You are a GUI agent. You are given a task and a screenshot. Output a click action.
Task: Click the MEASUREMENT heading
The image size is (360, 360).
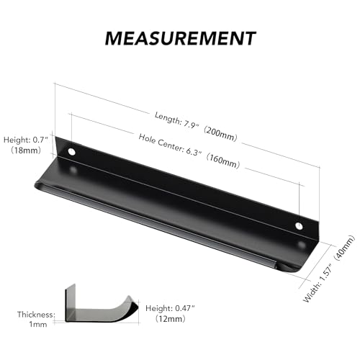click(180, 38)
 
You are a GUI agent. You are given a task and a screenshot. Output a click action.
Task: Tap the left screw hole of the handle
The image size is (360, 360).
click(71, 152)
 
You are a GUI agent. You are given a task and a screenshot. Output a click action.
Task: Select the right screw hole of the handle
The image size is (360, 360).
click(299, 226)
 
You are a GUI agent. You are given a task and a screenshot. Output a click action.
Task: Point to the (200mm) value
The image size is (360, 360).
click(220, 135)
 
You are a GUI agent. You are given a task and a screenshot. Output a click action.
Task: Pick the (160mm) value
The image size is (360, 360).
click(223, 161)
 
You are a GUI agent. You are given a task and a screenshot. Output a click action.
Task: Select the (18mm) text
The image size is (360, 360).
click(26, 150)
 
